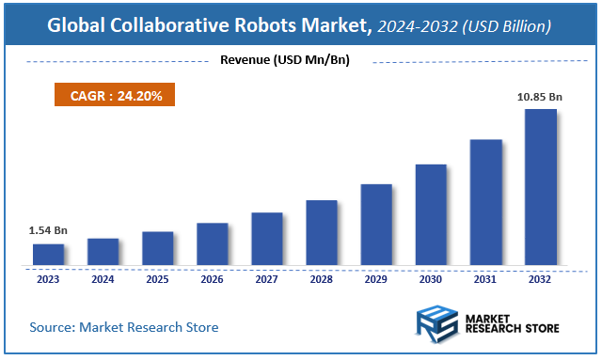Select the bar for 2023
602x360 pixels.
pos(48,255)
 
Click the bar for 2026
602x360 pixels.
pos(212,244)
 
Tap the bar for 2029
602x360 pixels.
pos(375,225)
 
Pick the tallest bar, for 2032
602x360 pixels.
pos(540,187)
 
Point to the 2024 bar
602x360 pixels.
pos(103,252)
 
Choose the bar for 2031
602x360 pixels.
pos(485,202)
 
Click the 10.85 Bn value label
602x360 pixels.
pos(540,97)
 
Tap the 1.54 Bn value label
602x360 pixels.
pos(47,230)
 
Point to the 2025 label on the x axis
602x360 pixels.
pos(157,279)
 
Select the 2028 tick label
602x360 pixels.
pos(321,279)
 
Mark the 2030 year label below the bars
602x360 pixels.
pos(431,279)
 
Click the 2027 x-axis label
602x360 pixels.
pos(266,279)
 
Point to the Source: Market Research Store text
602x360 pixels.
pos(124,327)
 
